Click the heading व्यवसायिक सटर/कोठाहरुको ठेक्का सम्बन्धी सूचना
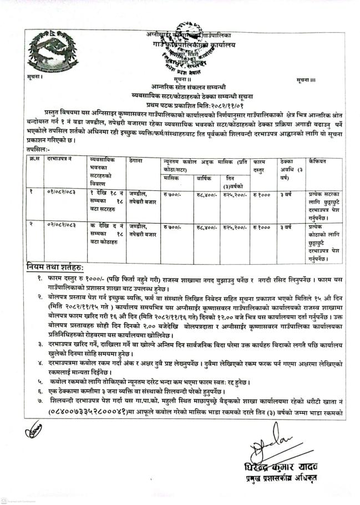tap(185, 95)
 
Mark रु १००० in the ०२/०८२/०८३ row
tap(261, 228)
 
